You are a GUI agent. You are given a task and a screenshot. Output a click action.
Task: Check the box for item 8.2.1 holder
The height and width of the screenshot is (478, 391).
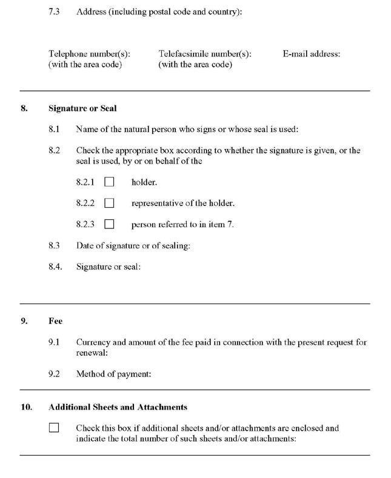110,182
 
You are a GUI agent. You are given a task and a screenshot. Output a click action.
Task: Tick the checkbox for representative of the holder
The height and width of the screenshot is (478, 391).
110,203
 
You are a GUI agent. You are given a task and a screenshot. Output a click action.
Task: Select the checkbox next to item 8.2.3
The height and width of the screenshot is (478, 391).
110,224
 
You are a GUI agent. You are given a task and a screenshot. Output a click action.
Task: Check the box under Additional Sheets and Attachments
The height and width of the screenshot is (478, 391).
54,428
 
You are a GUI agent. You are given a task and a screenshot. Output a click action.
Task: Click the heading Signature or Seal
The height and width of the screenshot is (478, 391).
82,108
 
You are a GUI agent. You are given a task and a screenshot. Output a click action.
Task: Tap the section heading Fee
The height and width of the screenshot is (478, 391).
56,321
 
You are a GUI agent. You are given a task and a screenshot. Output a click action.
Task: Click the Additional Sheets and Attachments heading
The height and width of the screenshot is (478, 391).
118,407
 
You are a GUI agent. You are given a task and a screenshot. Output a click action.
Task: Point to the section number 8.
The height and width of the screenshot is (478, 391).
24,108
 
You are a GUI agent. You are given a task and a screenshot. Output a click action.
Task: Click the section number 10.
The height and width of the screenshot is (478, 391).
26,407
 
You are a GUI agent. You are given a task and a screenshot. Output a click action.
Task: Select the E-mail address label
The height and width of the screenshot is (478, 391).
311,54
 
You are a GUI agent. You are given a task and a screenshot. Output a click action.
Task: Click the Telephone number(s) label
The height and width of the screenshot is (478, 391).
89,54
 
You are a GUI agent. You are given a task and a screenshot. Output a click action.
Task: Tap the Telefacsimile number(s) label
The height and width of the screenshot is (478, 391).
204,54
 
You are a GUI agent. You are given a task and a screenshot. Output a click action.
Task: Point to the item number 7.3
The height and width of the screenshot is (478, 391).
54,12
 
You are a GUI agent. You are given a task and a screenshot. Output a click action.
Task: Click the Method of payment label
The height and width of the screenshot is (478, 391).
113,374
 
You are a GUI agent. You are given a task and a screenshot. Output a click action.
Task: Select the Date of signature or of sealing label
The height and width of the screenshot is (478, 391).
133,245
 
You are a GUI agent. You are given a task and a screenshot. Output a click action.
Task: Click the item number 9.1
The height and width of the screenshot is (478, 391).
54,342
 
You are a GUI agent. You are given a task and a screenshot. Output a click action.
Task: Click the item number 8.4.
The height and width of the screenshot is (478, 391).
55,267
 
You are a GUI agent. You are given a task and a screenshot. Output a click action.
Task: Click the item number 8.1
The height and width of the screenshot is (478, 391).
54,129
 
